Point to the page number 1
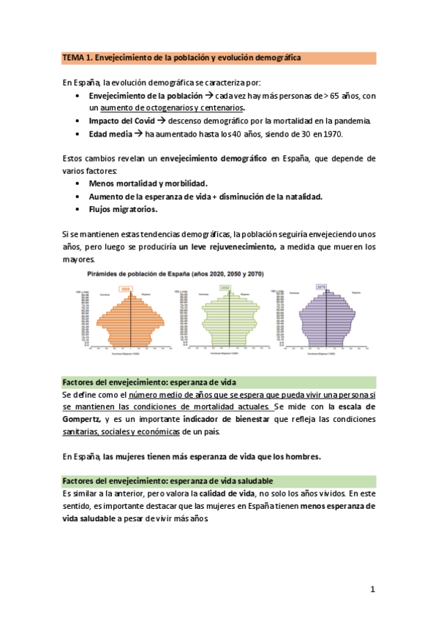coord(372,589)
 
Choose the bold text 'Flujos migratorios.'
coord(123,210)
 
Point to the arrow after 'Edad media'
coord(138,135)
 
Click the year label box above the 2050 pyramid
coord(225,287)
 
